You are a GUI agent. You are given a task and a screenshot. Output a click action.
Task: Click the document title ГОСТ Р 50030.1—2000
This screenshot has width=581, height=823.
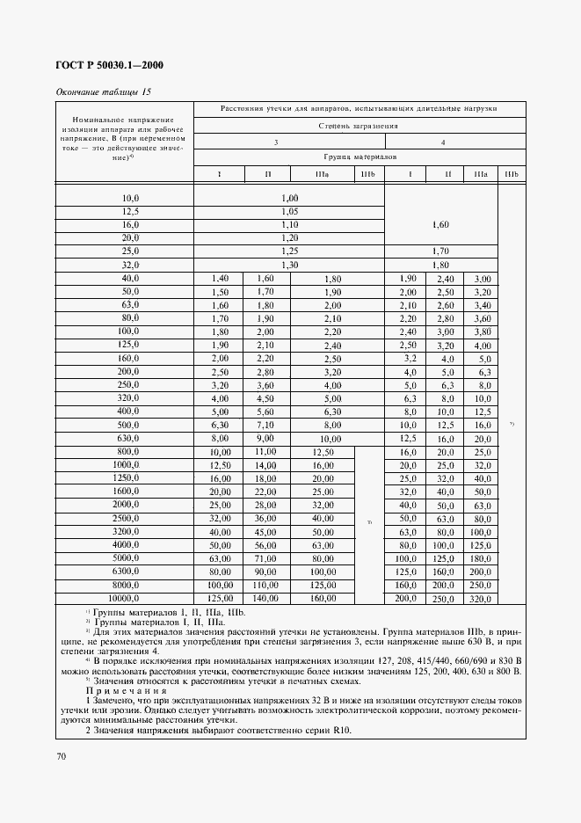point(110,66)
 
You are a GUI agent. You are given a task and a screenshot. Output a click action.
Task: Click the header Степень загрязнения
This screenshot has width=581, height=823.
point(359,126)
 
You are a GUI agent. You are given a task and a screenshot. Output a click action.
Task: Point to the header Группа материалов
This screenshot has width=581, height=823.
point(359,157)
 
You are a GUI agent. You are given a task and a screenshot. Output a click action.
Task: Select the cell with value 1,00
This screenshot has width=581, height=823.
point(290,198)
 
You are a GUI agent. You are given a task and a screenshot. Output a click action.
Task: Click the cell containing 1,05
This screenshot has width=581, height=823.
point(290,211)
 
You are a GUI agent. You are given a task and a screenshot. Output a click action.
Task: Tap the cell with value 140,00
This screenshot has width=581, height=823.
point(265,598)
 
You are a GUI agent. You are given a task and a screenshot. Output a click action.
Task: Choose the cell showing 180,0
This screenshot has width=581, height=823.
point(481,557)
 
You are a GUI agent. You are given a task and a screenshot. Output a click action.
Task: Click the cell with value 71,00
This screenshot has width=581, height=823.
point(265,557)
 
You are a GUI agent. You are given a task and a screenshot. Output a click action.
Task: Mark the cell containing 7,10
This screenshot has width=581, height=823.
point(265,425)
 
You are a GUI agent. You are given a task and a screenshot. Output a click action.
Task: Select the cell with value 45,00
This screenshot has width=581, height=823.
point(265,531)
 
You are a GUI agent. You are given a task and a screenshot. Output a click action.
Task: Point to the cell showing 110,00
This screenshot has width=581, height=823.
point(265,585)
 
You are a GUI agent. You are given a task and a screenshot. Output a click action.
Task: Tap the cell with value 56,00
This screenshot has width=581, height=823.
point(265,544)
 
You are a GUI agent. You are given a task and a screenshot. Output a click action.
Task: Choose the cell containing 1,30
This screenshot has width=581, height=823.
point(290,265)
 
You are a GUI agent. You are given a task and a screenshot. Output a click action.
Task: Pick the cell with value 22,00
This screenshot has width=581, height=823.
point(265,491)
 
